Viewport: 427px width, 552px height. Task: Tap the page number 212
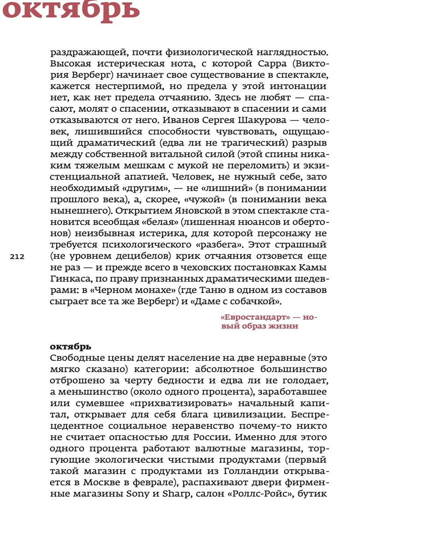tap(17, 257)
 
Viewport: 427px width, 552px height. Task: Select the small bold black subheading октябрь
tap(70, 347)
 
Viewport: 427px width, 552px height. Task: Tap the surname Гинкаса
tap(66, 279)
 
